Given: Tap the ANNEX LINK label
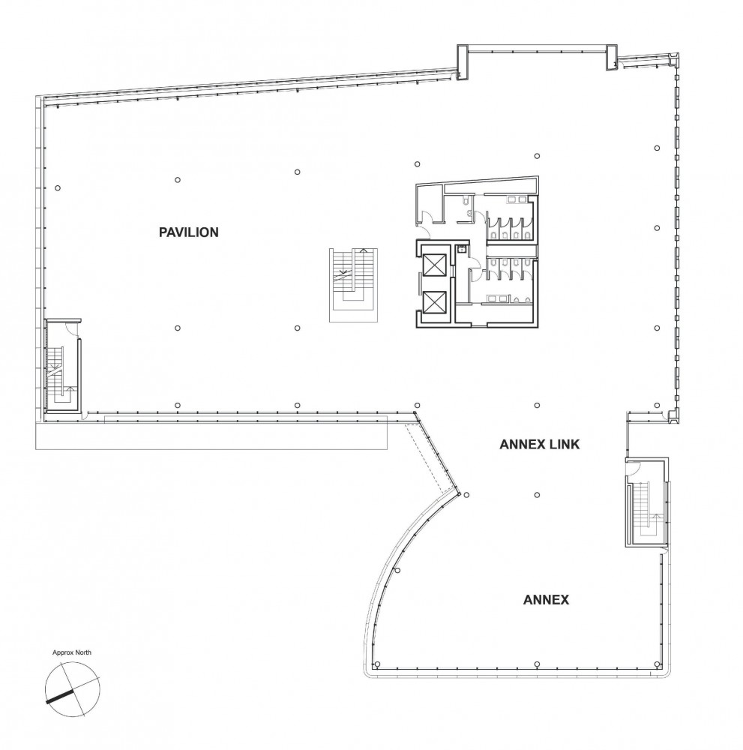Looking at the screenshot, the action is pos(539,444).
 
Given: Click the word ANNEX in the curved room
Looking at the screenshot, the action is pos(546,600).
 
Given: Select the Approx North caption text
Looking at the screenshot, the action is pos(72,652).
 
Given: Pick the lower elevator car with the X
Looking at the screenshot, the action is pos(434,302).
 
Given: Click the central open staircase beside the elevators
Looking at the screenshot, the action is pos(353,284).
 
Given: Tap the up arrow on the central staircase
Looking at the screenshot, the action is pos(364,250).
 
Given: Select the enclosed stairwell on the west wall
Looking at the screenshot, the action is pos(62,366).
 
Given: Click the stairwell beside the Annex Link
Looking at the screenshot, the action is pos(646,502).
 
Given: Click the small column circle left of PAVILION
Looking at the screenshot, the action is pos(58,188).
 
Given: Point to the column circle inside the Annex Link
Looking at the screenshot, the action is pos(537,495).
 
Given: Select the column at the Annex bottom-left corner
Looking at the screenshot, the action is pos(377,664).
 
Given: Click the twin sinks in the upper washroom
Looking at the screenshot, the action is pos(517,199).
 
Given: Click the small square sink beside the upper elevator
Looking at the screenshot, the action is pos(462,249).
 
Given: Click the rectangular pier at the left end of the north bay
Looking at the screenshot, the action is pos(462,61).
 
